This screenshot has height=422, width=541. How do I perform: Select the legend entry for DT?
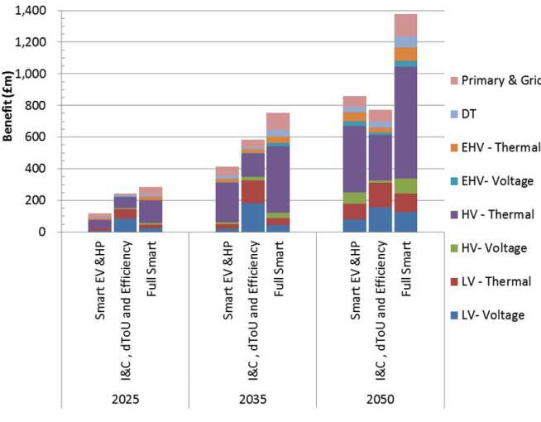469,113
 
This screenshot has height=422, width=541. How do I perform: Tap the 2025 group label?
125,398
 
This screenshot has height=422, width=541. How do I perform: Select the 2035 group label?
252,398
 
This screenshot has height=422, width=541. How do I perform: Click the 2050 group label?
380,398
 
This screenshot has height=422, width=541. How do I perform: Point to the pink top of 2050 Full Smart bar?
405,25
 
